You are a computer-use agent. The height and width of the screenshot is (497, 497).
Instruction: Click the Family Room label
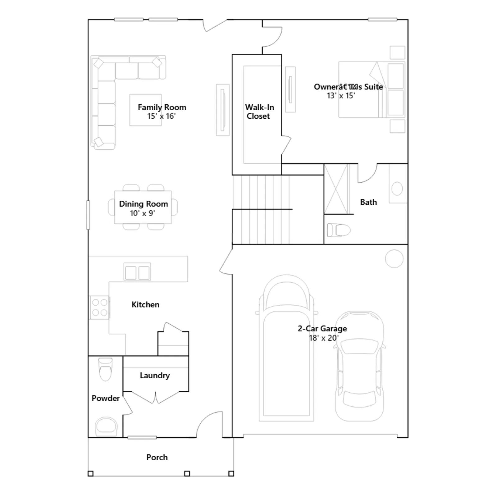tap(162, 107)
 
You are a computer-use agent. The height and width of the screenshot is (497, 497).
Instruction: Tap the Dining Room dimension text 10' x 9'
tap(142, 213)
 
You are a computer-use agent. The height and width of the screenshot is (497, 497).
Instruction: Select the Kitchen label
tap(145, 304)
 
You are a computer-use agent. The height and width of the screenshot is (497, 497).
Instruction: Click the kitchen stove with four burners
tap(99, 307)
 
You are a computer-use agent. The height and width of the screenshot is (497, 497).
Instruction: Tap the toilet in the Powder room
tap(105, 369)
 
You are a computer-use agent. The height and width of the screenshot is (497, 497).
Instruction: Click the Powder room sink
tap(106, 426)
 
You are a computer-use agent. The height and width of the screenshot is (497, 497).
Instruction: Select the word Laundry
tap(155, 376)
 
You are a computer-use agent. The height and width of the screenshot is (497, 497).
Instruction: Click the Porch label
tap(157, 457)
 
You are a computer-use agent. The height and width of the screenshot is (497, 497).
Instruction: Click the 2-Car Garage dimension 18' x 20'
tap(324, 338)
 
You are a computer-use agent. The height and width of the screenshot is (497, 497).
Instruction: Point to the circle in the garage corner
tap(394, 258)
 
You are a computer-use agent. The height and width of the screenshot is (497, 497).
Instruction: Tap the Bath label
tap(368, 202)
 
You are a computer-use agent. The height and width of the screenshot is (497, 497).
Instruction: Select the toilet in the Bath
tap(339, 230)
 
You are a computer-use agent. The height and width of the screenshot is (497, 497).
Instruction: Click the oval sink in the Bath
tap(397, 189)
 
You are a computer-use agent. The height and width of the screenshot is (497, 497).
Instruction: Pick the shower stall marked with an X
tap(336, 189)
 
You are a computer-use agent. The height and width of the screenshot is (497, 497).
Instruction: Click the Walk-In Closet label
tap(259, 112)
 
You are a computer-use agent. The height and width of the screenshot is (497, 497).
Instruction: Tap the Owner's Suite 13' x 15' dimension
tap(341, 96)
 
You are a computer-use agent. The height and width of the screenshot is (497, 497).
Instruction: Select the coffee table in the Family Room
tap(145, 110)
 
